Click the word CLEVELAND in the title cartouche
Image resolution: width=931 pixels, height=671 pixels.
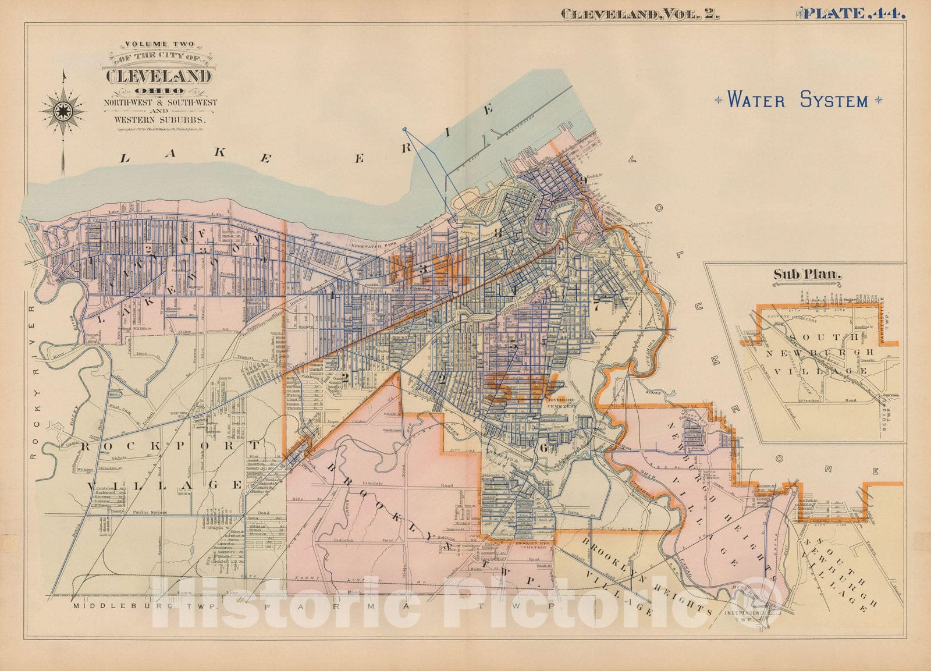point(158,76)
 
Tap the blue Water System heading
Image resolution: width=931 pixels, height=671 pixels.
point(798,100)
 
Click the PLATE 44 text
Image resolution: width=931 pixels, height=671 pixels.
point(854,13)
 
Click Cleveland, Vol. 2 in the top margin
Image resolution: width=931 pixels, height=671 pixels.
point(639,15)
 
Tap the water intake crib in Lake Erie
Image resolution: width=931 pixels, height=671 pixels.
point(405,129)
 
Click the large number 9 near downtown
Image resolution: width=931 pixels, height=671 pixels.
point(582,180)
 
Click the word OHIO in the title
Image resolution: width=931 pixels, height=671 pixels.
point(159,91)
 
